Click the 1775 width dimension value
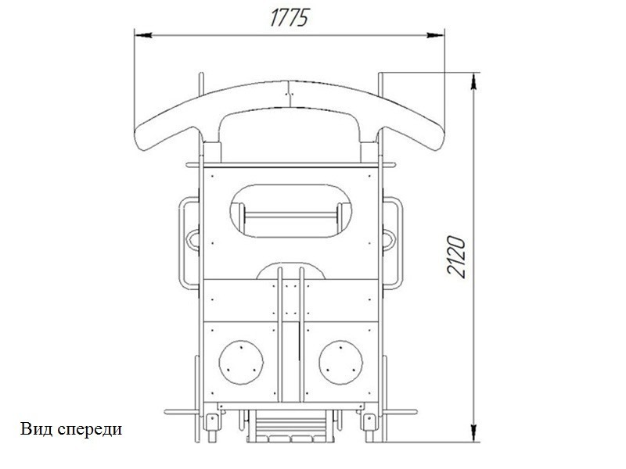290,18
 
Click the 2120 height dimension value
456,256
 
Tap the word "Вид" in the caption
36,429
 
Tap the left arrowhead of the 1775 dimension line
143,35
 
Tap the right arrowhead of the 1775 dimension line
435,35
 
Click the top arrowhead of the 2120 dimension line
473,81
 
